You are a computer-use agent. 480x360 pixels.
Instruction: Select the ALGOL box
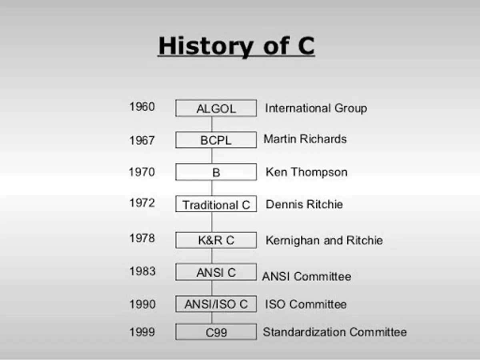click(216, 108)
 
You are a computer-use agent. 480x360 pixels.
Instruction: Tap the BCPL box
click(216, 140)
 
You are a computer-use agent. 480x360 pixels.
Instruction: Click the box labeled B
click(216, 172)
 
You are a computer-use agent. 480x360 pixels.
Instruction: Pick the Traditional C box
click(216, 204)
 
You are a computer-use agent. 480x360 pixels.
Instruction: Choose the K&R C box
click(216, 240)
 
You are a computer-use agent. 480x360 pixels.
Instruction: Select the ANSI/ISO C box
click(216, 304)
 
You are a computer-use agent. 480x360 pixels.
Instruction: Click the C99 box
click(216, 332)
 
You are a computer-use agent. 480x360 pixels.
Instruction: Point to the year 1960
click(142, 107)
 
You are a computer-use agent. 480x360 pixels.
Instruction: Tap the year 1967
click(142, 140)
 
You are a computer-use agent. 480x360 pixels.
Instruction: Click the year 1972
click(142, 203)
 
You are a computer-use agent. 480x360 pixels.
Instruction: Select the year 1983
click(142, 271)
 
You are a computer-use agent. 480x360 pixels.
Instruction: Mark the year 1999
click(142, 332)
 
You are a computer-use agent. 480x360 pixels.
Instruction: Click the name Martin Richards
click(305, 139)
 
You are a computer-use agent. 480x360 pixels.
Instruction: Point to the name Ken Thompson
click(306, 172)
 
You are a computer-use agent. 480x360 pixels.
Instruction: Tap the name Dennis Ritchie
click(304, 204)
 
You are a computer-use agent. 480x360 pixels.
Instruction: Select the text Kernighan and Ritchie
click(324, 240)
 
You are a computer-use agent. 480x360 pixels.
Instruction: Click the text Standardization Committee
click(335, 332)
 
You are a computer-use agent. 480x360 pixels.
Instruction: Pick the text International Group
click(316, 108)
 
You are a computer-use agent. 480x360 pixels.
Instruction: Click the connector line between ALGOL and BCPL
click(212, 124)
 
